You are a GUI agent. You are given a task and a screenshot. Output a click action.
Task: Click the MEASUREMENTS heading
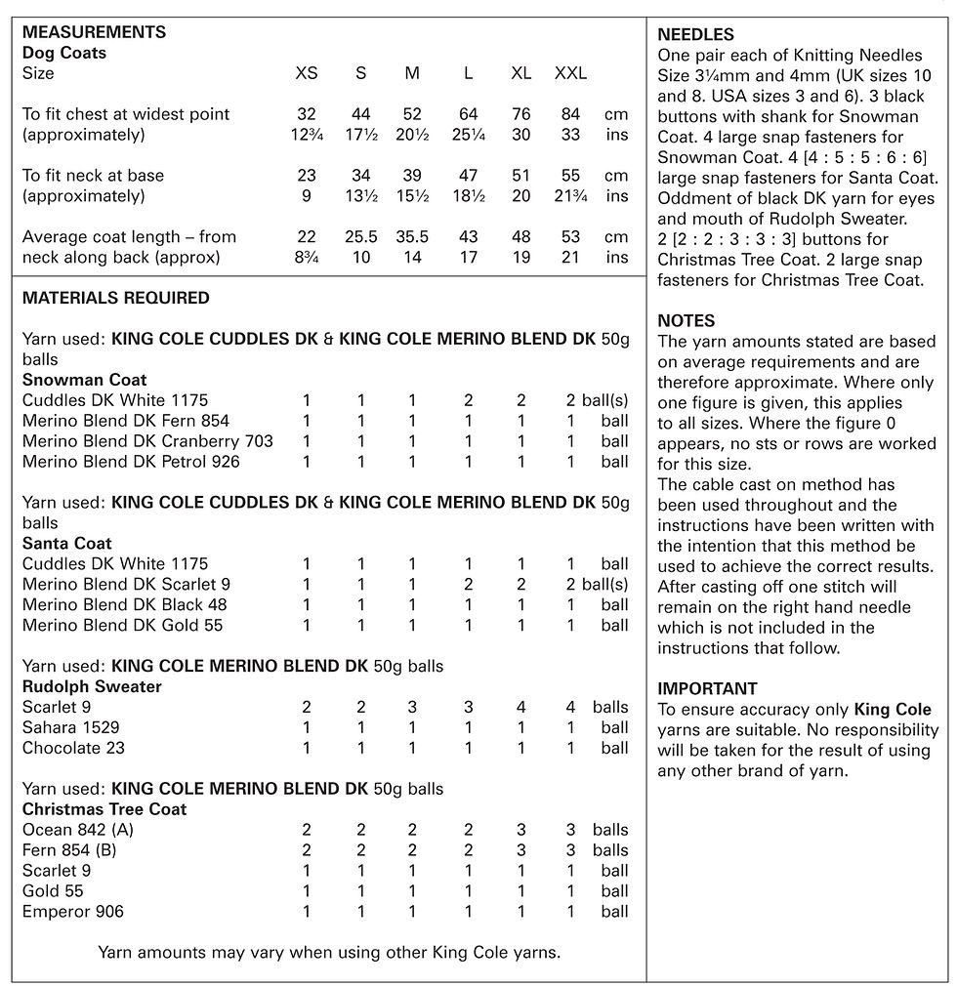pyautogui.click(x=94, y=32)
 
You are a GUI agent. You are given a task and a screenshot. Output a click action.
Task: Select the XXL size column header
pyautogui.click(x=570, y=73)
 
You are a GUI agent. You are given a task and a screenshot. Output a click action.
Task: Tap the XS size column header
pyautogui.click(x=307, y=73)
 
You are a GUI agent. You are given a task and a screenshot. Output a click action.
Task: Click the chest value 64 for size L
pyautogui.click(x=469, y=114)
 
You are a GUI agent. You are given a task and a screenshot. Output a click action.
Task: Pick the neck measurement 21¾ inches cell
pyautogui.click(x=570, y=196)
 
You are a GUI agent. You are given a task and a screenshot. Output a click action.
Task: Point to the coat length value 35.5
pyautogui.click(x=412, y=237)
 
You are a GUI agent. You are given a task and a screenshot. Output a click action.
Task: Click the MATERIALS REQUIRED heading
pyautogui.click(x=115, y=298)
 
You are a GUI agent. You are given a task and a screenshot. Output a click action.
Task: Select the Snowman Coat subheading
pyautogui.click(x=84, y=380)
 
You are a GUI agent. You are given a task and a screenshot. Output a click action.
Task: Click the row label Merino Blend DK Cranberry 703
pyautogui.click(x=147, y=441)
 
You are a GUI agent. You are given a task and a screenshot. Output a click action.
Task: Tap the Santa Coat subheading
pyautogui.click(x=67, y=543)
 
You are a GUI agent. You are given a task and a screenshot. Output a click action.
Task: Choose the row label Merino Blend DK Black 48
pyautogui.click(x=124, y=604)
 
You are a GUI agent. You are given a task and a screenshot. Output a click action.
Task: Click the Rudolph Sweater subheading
pyautogui.click(x=92, y=686)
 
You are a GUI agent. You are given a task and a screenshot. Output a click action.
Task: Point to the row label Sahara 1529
pyautogui.click(x=72, y=727)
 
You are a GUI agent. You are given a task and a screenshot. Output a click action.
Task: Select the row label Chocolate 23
pyautogui.click(x=73, y=748)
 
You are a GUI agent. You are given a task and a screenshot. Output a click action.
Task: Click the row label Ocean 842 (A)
pyautogui.click(x=77, y=830)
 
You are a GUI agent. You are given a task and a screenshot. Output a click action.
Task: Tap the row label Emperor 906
pyautogui.click(x=72, y=912)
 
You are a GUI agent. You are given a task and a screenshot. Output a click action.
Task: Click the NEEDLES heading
pyautogui.click(x=695, y=34)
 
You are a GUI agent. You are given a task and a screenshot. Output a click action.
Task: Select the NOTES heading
pyautogui.click(x=686, y=320)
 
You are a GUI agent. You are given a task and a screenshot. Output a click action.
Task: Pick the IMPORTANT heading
pyautogui.click(x=707, y=688)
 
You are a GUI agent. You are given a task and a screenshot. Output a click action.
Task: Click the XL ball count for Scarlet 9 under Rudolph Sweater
pyautogui.click(x=521, y=707)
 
